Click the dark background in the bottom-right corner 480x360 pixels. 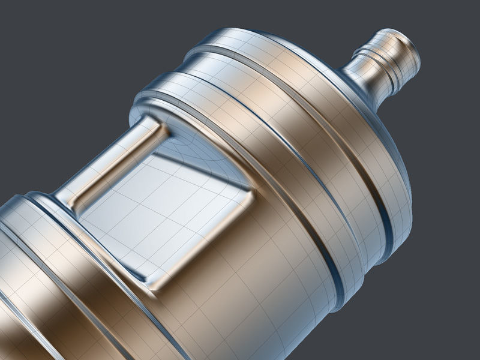444,324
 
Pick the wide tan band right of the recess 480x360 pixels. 300,198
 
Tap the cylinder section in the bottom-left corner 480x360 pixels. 24,324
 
